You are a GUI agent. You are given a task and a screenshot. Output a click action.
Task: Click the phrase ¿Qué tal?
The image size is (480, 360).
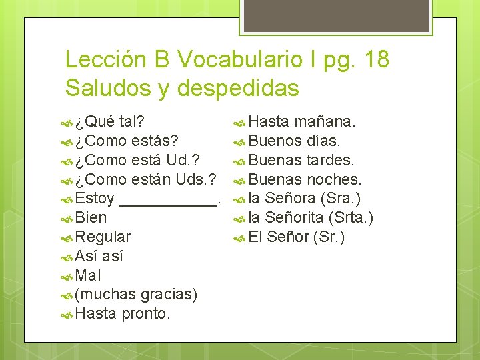coord(111,122)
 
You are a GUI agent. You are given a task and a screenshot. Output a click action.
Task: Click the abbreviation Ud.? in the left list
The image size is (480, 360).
coord(186,161)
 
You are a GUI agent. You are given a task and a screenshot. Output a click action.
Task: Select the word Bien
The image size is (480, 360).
coord(91,218)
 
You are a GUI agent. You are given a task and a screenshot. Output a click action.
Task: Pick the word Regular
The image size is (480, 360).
coord(103,237)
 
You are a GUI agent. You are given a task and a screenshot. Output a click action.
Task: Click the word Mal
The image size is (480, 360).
coord(89,275)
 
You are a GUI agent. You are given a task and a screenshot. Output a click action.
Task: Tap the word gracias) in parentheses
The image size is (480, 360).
coord(169,295)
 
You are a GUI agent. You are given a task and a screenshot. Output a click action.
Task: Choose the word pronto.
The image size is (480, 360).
coord(147,313)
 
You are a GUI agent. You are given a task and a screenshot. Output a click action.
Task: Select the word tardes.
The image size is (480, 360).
coord(331,161)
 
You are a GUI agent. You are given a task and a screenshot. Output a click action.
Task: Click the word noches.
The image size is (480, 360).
coord(334,180)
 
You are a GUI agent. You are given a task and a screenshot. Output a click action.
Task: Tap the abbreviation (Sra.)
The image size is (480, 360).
coord(340,199)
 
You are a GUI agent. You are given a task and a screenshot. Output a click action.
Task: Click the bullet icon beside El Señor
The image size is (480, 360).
coord(240,237)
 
